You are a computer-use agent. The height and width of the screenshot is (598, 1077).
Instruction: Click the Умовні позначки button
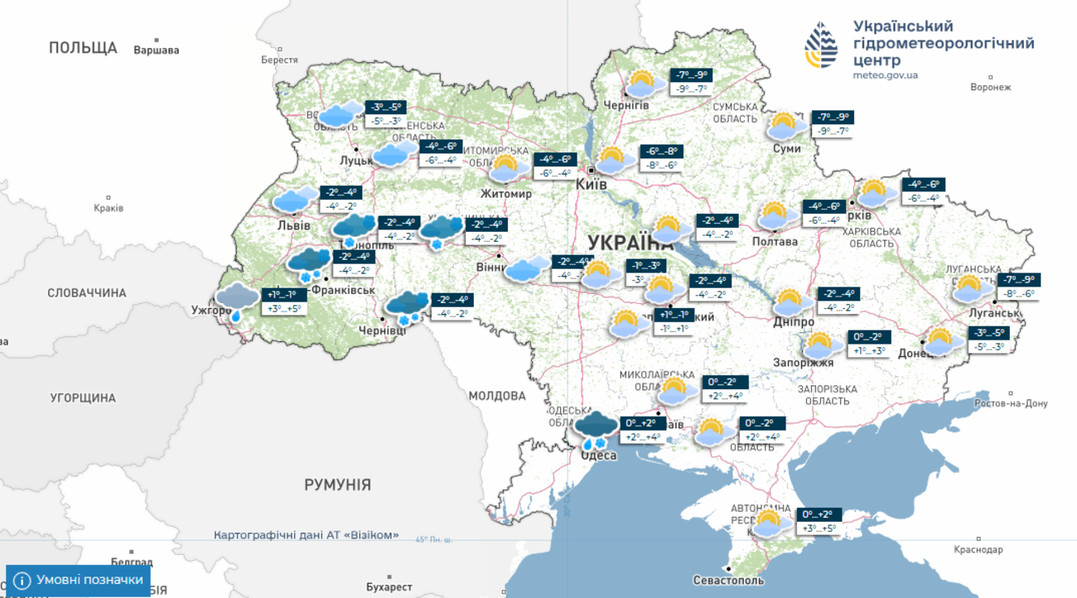tap(79, 580)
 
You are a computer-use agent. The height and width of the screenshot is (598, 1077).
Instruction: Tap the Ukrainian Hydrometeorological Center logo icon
tap(820, 46)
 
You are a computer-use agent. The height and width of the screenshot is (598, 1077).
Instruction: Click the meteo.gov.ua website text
tap(885, 75)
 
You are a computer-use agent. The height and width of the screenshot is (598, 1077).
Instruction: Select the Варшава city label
tap(156, 50)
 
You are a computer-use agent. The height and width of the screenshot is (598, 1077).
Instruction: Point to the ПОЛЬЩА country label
tap(83, 47)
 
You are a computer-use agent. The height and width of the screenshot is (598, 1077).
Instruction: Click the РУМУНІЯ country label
tap(337, 485)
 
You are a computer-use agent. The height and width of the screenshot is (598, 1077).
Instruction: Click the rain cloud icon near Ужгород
tap(237, 301)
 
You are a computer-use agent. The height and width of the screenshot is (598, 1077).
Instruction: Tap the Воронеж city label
tap(990, 87)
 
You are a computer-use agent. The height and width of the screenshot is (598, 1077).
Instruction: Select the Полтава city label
tap(775, 241)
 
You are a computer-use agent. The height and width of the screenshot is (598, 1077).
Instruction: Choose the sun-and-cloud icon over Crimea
tap(768, 523)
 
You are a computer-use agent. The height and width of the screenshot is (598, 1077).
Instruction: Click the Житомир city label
tap(506, 194)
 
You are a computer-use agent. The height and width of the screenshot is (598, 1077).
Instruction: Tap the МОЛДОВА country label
tap(497, 396)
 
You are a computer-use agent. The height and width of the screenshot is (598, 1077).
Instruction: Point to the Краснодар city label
tap(978, 549)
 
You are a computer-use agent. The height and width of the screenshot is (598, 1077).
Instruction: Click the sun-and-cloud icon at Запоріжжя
tap(820, 345)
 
